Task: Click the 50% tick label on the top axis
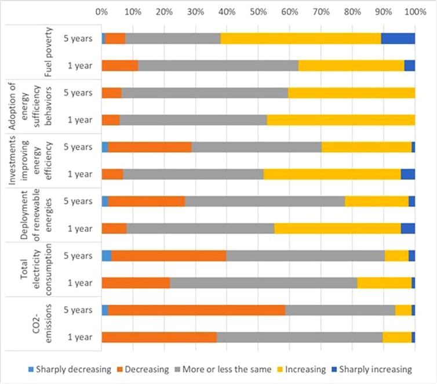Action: coord(258,11)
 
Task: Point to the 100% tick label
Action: coord(413,11)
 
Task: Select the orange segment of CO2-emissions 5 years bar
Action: coord(196,310)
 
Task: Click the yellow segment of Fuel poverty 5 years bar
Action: coord(301,38)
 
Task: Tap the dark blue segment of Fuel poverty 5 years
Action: coord(398,38)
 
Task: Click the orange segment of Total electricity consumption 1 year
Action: coord(136,282)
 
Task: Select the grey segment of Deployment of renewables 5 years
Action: coord(265,201)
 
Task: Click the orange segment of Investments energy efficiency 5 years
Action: coord(150,147)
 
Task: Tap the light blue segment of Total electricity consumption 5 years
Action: coord(107,255)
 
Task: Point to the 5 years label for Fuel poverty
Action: coord(79,38)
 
